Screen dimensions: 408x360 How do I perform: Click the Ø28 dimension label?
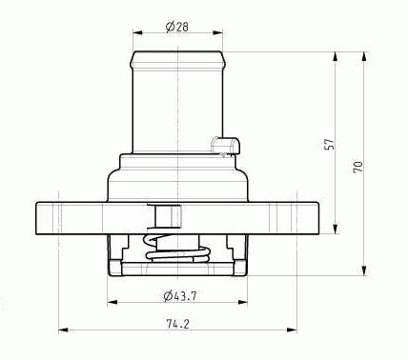point(177,27)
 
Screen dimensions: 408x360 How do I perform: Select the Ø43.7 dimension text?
point(180,296)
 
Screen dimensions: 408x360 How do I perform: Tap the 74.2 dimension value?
point(177,324)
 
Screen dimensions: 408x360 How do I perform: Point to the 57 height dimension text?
point(331,144)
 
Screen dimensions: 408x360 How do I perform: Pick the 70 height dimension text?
point(358,167)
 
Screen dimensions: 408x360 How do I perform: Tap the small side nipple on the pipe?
point(225,146)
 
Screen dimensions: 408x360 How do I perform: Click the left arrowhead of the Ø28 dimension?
point(137,32)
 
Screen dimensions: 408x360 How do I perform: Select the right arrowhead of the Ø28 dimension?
point(218,32)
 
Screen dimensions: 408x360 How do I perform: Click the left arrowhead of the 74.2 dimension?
point(64,330)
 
